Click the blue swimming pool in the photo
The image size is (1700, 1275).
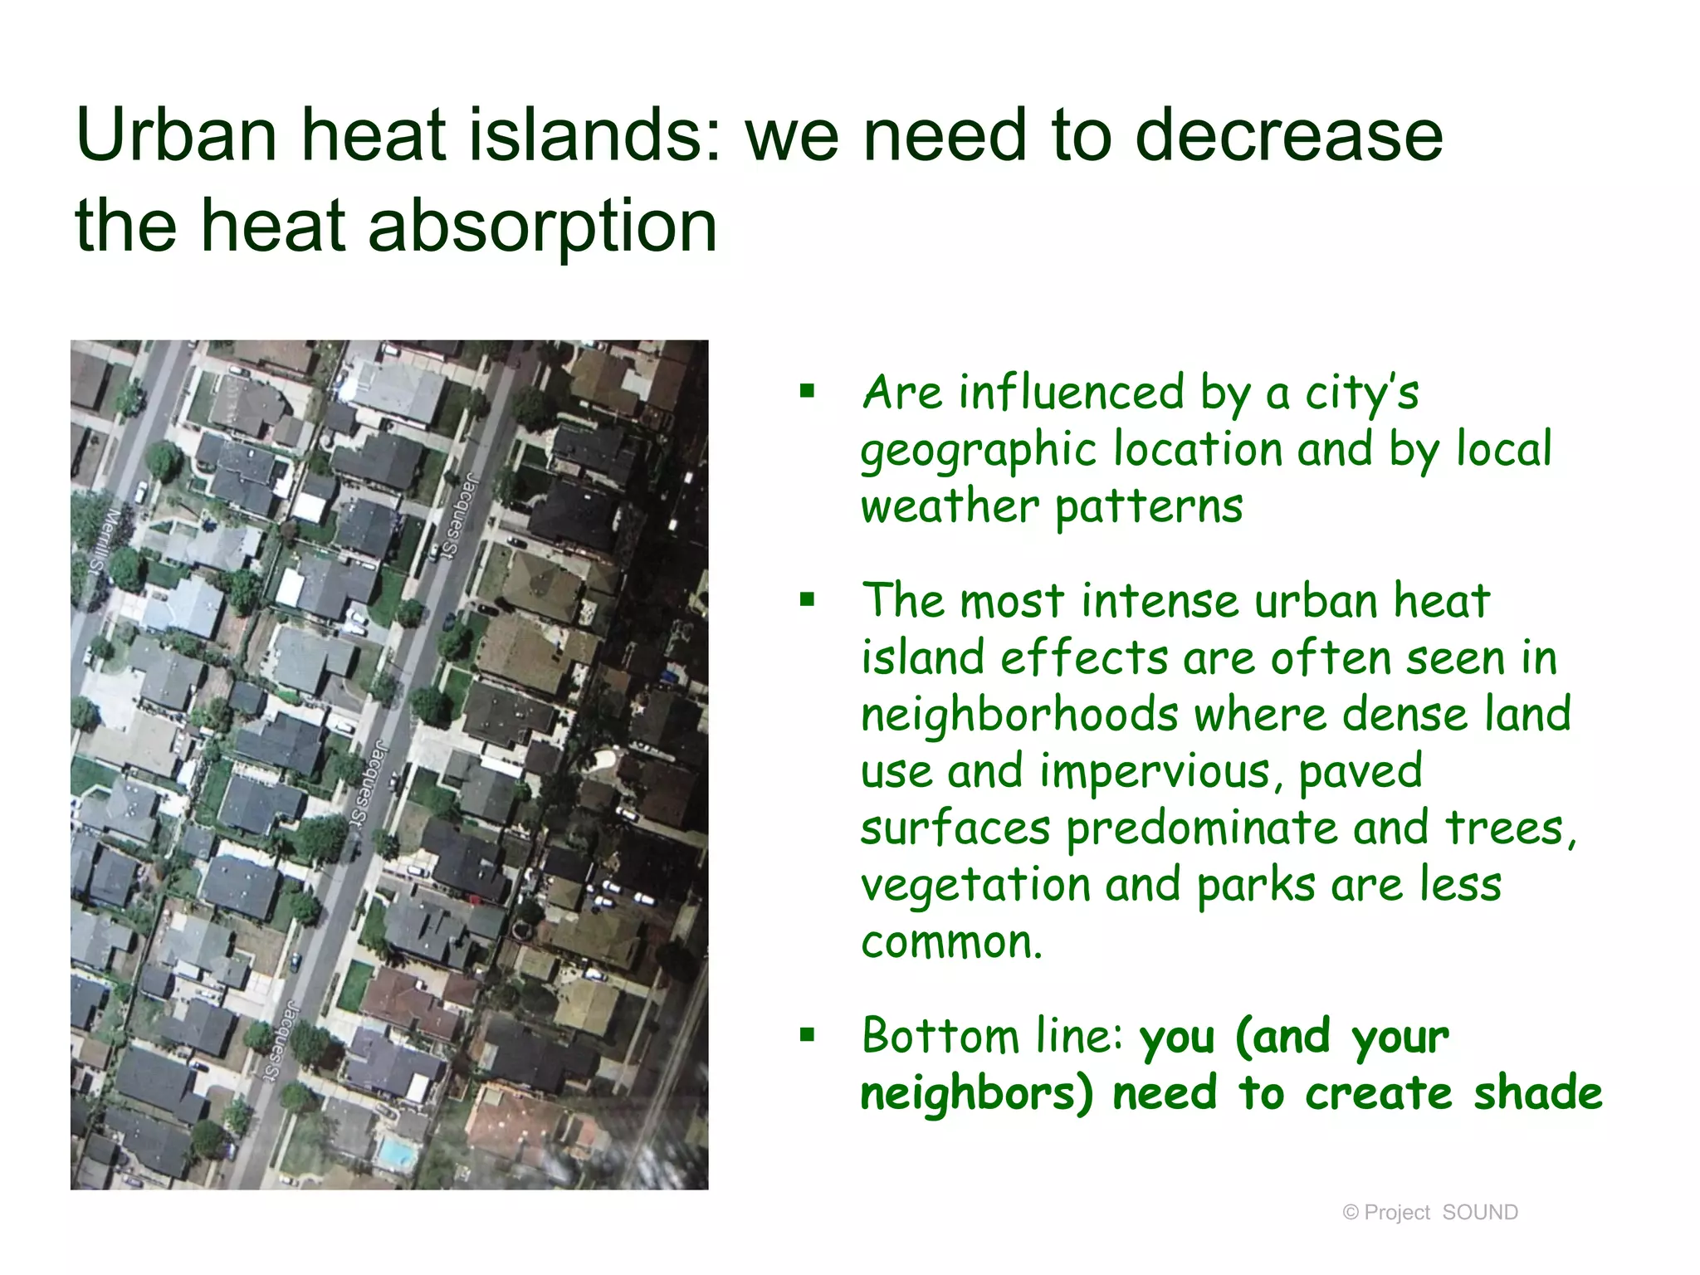(396, 1153)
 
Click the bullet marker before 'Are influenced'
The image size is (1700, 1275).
(807, 391)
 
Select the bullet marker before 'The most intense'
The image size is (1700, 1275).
(807, 599)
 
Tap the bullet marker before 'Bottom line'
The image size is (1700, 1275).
(807, 1035)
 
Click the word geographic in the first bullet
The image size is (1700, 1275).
(979, 451)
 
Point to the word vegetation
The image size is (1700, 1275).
(975, 885)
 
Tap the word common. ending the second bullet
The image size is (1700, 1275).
(951, 942)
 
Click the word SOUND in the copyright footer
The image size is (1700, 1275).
(1479, 1213)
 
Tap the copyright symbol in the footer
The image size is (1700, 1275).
(1351, 1213)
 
